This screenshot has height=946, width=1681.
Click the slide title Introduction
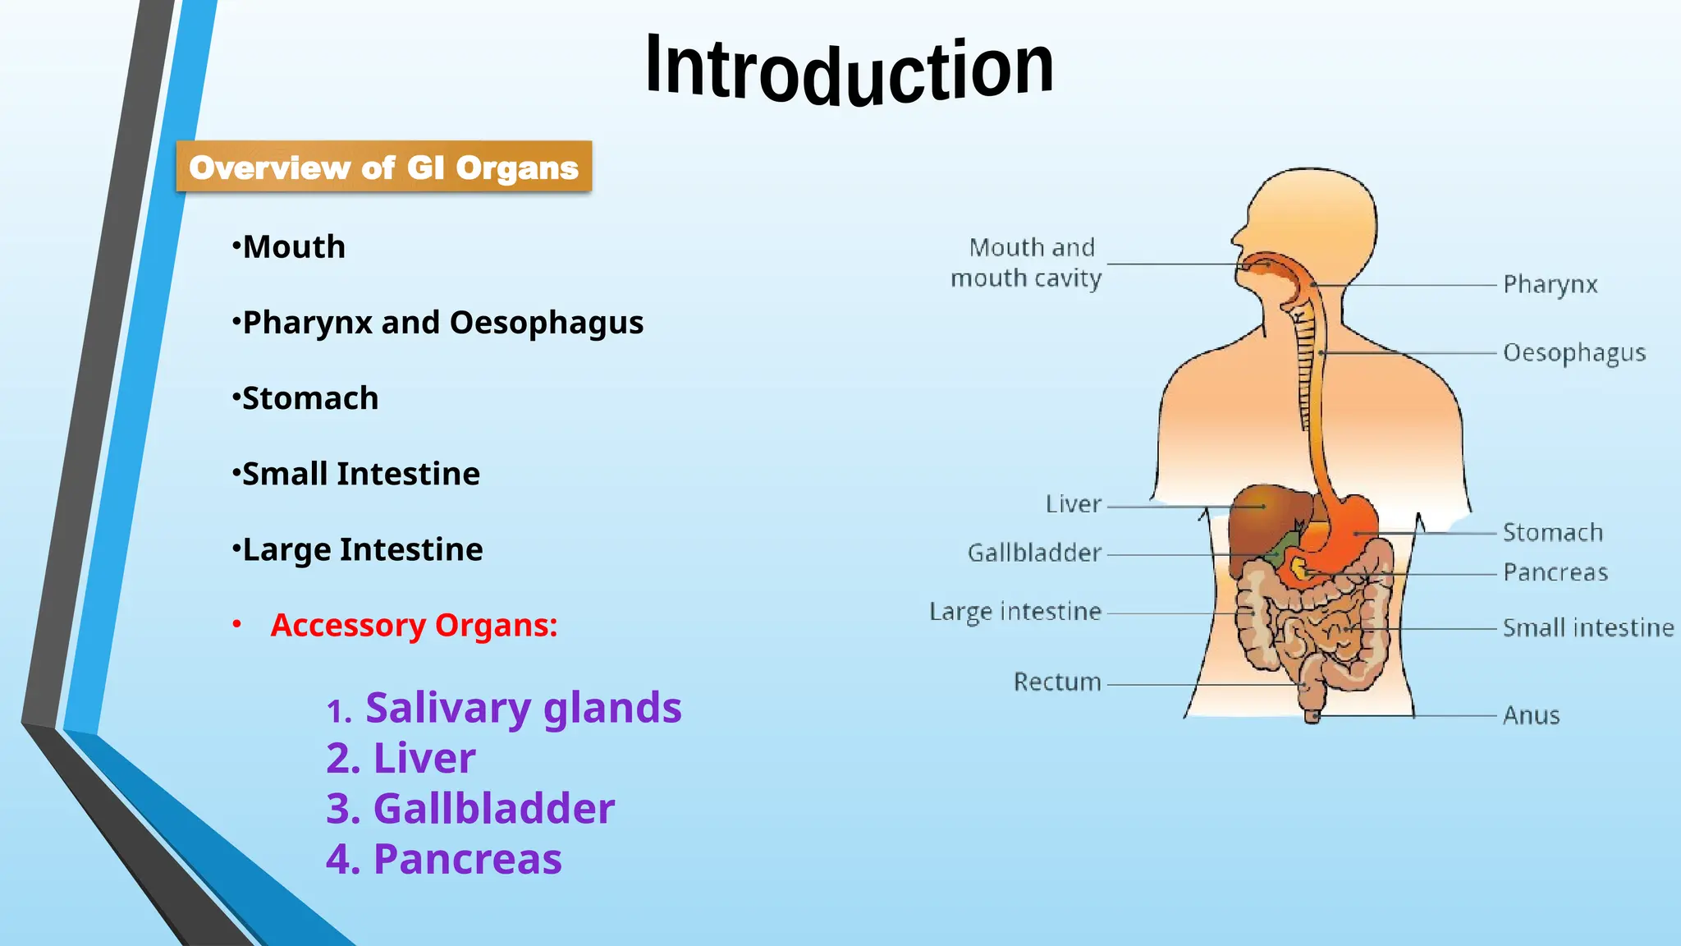(850, 70)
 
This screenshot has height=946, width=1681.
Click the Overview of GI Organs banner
(383, 168)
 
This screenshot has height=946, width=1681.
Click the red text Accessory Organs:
(414, 625)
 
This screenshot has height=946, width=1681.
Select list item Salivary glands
(523, 708)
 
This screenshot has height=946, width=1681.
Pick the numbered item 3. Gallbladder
(470, 809)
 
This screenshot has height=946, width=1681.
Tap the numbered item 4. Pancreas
(444, 859)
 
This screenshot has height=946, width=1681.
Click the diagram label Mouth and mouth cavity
(1027, 263)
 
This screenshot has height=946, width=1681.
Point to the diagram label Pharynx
(1550, 285)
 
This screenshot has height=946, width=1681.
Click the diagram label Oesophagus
(1573, 353)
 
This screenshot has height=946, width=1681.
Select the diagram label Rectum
(1057, 682)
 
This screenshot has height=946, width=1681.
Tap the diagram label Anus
(1531, 715)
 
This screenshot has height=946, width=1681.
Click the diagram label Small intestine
(1587, 628)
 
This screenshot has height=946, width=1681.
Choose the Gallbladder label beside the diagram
(1034, 553)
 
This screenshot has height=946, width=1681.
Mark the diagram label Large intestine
(1015, 612)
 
